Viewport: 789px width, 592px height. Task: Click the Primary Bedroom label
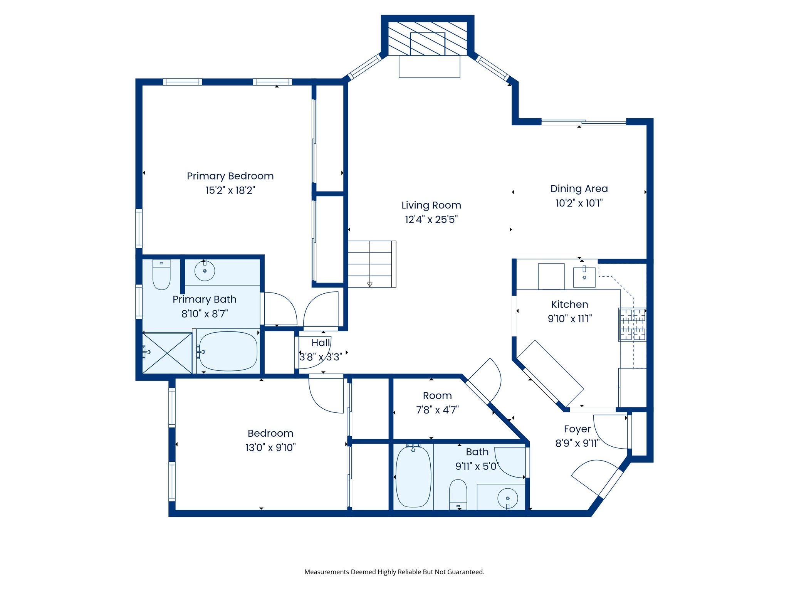pyautogui.click(x=230, y=176)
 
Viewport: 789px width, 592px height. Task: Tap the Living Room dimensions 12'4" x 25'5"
pyautogui.click(x=431, y=220)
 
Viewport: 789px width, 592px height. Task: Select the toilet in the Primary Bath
pyautogui.click(x=161, y=275)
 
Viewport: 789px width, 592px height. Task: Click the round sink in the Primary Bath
pyautogui.click(x=205, y=271)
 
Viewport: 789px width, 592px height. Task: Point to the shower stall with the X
pyautogui.click(x=167, y=353)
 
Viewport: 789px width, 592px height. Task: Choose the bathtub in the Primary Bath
pyautogui.click(x=228, y=351)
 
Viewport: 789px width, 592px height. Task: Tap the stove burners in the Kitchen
pyautogui.click(x=632, y=325)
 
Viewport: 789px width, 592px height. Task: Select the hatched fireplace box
pyautogui.click(x=428, y=39)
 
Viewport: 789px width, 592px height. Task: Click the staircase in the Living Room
pyautogui.click(x=371, y=264)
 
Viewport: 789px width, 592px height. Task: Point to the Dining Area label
pyautogui.click(x=579, y=189)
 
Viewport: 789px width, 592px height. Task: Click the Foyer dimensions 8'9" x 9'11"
pyautogui.click(x=577, y=443)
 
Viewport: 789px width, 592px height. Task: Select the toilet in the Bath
pyautogui.click(x=458, y=494)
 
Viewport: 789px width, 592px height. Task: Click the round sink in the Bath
pyautogui.click(x=507, y=498)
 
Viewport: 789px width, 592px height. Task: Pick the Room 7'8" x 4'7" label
pyautogui.click(x=437, y=396)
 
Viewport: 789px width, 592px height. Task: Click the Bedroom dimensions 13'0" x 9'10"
pyautogui.click(x=270, y=447)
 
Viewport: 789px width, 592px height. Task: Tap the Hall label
pyautogui.click(x=321, y=343)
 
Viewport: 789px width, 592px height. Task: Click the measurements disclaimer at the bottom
pyautogui.click(x=394, y=572)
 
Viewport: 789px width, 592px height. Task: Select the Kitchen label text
pyautogui.click(x=569, y=304)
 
